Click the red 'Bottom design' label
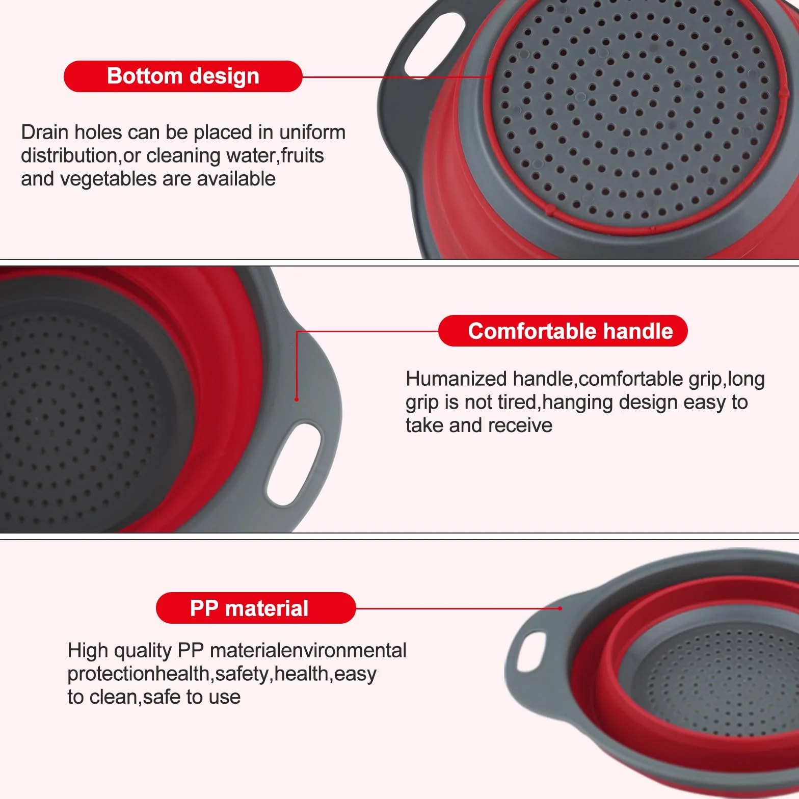click(183, 76)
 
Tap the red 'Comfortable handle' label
click(563, 331)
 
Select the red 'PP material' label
click(256, 608)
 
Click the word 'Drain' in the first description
click(45, 132)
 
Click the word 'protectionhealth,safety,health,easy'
click(222, 674)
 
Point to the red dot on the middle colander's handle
click(297, 400)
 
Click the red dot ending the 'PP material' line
click(560, 608)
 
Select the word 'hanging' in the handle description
click(577, 403)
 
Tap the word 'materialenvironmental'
click(308, 651)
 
